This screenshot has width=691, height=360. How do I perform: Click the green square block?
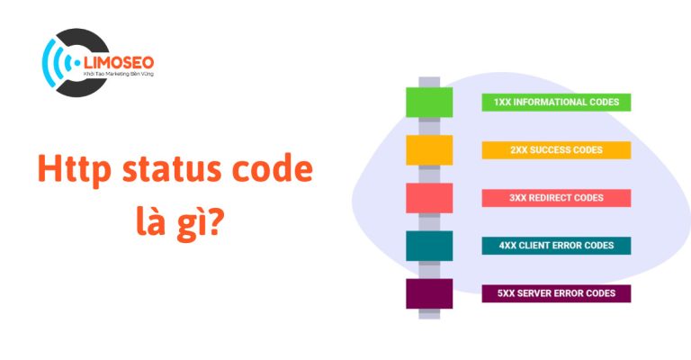pos(428,103)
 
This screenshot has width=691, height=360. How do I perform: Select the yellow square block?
pos(428,149)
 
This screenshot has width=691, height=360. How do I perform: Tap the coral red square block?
pos(428,197)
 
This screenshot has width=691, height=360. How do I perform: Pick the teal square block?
pos(428,245)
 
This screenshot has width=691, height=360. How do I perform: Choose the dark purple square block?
pos(428,293)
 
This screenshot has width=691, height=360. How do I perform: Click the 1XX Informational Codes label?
pos(556,103)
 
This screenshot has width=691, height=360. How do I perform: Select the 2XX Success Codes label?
pos(556,149)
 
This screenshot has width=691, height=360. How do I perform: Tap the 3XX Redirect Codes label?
pos(556,197)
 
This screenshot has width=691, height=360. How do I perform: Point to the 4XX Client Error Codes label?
pos(556,245)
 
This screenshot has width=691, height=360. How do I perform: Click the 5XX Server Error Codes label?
pos(556,293)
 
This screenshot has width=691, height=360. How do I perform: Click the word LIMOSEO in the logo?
pos(119,62)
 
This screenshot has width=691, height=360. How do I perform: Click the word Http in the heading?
pos(69,170)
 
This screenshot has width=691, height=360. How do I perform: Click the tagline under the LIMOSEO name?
pos(119,77)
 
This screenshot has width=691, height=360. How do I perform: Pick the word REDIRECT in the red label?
pos(556,197)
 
